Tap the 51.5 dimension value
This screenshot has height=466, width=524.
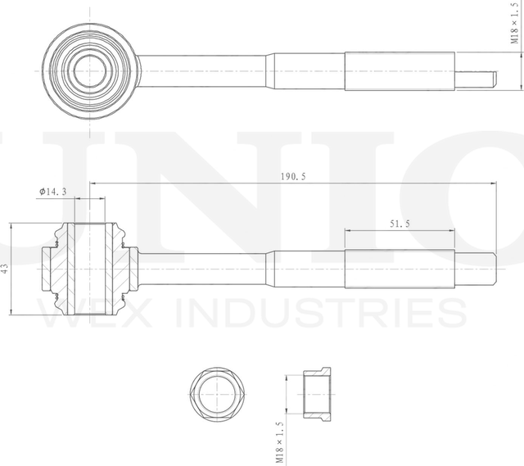coord(399,223)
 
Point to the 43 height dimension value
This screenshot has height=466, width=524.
coord(5,268)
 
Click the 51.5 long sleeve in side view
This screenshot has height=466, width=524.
coord(399,268)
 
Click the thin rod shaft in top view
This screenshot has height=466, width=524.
coord(205,72)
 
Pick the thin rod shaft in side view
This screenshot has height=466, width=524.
coord(205,268)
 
